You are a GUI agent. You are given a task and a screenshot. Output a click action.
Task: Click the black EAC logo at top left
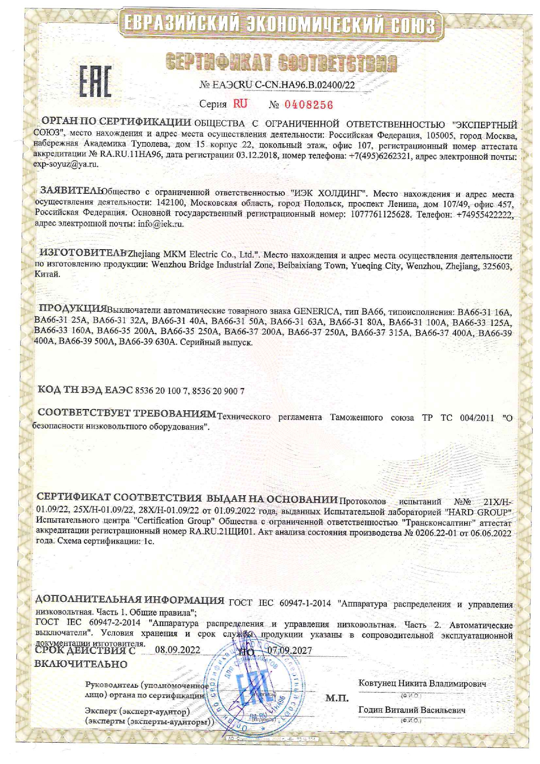pyautogui.click(x=95, y=81)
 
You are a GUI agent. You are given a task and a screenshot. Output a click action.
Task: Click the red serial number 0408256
pyautogui.click(x=309, y=105)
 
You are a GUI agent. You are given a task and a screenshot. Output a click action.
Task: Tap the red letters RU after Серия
pyautogui.click(x=240, y=104)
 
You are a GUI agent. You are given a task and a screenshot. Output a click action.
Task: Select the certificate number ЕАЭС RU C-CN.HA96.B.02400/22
pyautogui.click(x=277, y=85)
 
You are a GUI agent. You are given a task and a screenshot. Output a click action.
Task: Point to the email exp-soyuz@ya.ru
pyautogui.click(x=66, y=164)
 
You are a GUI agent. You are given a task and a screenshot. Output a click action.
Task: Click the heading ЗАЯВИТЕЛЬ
pyautogui.click(x=72, y=191)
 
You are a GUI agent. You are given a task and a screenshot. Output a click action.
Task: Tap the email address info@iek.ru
pyautogui.click(x=161, y=224)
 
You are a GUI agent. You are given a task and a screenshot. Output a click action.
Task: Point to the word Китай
pyautogui.click(x=47, y=274)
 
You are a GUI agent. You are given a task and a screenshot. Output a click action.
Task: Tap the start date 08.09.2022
pyautogui.click(x=177, y=650)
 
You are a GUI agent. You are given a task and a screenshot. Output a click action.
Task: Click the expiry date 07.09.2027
pyautogui.click(x=290, y=650)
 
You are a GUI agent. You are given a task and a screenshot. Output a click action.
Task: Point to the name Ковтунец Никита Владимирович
pyautogui.click(x=422, y=683)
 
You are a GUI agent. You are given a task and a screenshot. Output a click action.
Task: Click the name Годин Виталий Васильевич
pyautogui.click(x=412, y=710)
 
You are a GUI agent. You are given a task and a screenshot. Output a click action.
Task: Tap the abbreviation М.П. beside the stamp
pyautogui.click(x=337, y=699)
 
